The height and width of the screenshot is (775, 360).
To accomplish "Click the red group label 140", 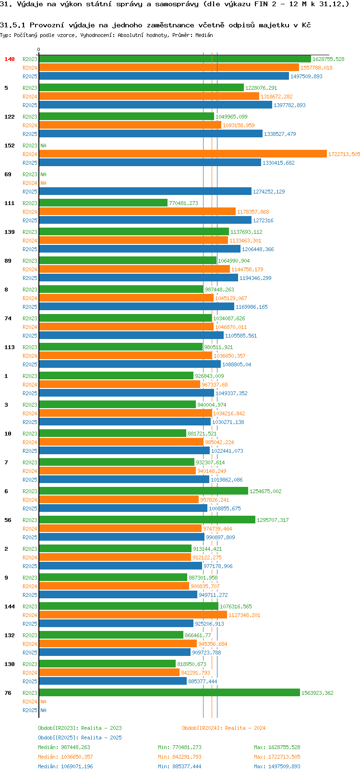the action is click(9, 59).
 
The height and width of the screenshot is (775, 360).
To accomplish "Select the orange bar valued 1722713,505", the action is click(183, 154).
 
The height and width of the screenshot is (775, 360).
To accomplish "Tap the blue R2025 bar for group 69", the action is click(145, 191).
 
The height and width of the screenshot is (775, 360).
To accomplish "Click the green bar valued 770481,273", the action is click(103, 203).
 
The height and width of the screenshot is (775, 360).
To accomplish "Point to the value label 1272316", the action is click(263, 220).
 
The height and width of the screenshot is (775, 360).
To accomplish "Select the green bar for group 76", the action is click(169, 692).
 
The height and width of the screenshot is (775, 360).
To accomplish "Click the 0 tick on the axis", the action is click(38, 49).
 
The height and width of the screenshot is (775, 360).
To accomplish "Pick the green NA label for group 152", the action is click(43, 145).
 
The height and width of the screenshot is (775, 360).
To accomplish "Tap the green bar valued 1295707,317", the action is click(147, 520).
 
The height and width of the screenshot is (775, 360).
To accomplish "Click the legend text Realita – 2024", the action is click(245, 728).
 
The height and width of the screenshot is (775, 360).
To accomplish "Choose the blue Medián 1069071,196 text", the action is click(65, 766).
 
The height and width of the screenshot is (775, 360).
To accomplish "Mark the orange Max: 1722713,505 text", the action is click(277, 757).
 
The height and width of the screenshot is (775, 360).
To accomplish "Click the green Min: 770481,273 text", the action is click(180, 747).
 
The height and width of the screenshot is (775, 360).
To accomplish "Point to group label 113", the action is click(9, 347).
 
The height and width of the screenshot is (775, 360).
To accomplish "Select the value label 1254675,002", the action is click(265, 491).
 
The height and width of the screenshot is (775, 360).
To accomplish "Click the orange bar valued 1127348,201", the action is click(133, 615).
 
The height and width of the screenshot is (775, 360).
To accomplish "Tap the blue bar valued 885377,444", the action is click(113, 681).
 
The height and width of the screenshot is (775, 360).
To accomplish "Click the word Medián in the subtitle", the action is click(204, 35).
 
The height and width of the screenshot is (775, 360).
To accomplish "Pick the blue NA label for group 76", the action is click(43, 710).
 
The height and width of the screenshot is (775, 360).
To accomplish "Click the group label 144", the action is click(9, 606).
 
